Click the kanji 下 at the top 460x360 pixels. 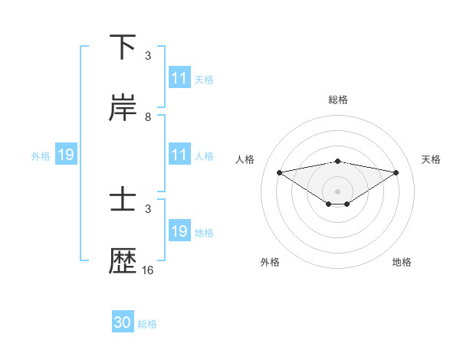[x=123, y=47]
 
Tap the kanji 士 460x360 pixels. [x=123, y=201]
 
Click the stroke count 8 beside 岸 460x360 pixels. [x=147, y=117]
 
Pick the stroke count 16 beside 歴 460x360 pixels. [x=147, y=270]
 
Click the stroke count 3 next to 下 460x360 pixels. [x=147, y=56]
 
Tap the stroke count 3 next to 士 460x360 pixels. [x=147, y=208]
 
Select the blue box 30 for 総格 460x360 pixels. [x=123, y=323]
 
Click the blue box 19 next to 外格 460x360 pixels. [x=65, y=155]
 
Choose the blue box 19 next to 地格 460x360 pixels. [x=179, y=231]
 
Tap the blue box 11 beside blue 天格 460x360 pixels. [x=179, y=78]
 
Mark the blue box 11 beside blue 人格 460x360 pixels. [x=179, y=155]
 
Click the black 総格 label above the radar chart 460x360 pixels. [x=338, y=100]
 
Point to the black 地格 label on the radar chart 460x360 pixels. [x=402, y=263]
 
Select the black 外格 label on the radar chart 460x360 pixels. [x=270, y=263]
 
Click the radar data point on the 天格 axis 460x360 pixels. [x=396, y=172]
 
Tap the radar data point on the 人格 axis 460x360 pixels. [x=279, y=172]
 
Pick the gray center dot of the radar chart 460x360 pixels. [x=338, y=191]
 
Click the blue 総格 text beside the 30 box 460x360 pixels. [x=147, y=324]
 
